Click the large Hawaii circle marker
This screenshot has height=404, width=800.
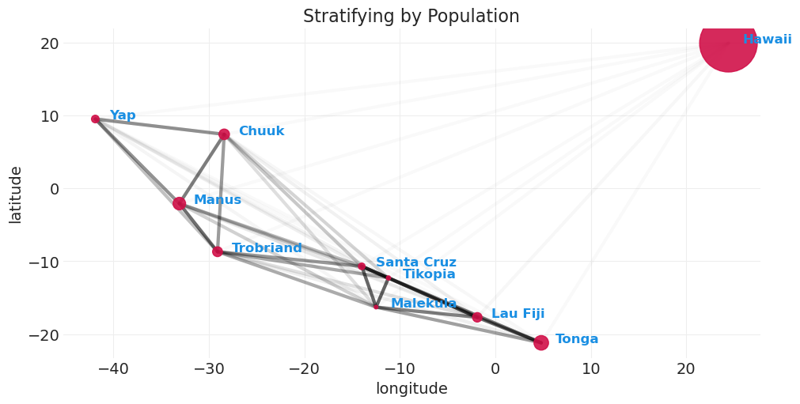pos(728,43)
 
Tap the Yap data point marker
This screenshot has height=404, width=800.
pos(95,119)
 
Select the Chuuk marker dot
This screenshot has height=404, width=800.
pos(224,134)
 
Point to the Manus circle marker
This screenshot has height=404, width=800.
pos(180,204)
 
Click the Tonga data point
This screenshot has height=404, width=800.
pos(540,342)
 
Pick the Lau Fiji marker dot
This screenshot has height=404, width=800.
pos(477,317)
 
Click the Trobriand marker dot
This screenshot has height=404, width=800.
pos(218,251)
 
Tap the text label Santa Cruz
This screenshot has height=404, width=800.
pos(415,262)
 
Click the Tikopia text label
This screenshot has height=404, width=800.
pos(429,274)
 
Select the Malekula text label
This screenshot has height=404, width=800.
pos(423,304)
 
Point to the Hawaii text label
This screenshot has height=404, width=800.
pos(767,40)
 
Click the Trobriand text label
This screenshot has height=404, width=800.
pos(267,248)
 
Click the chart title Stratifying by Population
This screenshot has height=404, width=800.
pos(411,17)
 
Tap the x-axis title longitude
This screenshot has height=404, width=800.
pos(411,389)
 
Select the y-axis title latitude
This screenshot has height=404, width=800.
pos(16,194)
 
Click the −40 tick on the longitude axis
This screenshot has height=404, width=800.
pos(113,368)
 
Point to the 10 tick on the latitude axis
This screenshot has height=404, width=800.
pos(49,116)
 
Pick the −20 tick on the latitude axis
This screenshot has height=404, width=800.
pos(44,334)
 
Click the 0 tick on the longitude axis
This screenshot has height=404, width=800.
pos(495,368)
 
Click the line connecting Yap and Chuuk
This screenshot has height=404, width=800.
pos(158,126)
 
